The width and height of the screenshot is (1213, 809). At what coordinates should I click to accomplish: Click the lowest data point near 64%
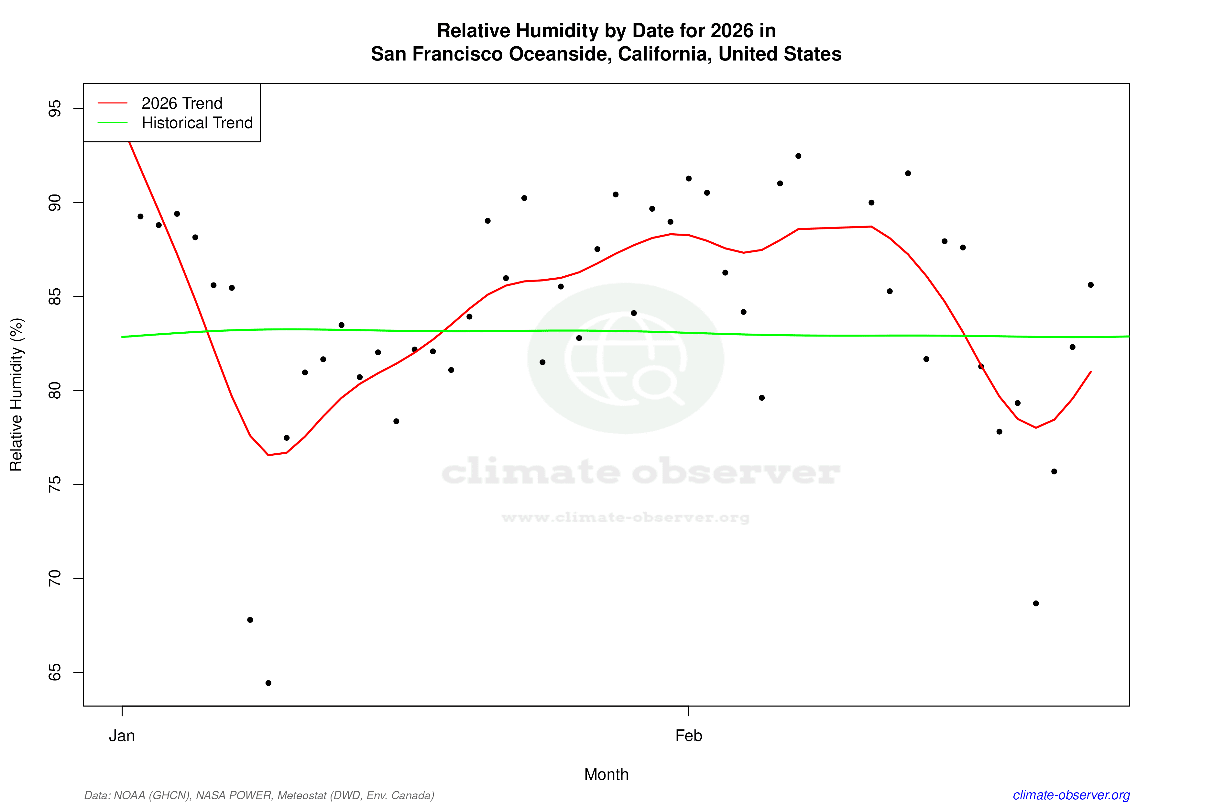[x=268, y=683]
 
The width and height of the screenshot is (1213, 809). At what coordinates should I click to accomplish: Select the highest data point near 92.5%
[x=798, y=156]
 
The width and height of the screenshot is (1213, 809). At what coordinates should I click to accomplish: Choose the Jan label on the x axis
[x=122, y=736]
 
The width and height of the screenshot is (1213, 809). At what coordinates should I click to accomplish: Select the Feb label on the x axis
[x=689, y=736]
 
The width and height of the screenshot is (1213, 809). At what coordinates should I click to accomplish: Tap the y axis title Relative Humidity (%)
[x=16, y=395]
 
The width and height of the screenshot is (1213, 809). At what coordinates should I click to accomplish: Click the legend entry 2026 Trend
[x=181, y=103]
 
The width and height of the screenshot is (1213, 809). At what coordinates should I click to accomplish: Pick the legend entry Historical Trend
[x=197, y=123]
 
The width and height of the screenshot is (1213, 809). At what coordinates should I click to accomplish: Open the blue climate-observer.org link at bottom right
[x=1071, y=795]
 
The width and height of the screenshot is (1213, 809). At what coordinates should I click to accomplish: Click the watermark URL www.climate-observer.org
[x=625, y=517]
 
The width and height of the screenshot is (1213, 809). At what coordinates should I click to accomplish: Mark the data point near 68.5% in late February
[x=1036, y=603]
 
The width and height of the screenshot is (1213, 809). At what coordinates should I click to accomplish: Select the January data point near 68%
[x=250, y=620]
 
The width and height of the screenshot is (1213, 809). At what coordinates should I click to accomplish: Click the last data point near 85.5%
[x=1091, y=285]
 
